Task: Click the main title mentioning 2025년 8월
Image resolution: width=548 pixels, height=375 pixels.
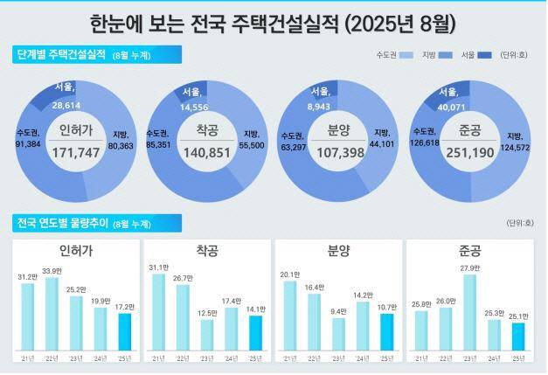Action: (274, 20)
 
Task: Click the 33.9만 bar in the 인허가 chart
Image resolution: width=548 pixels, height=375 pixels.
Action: (51, 317)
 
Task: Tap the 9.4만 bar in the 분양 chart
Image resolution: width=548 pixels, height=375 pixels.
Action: (337, 335)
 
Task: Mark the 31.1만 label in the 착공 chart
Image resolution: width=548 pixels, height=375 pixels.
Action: (158, 267)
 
